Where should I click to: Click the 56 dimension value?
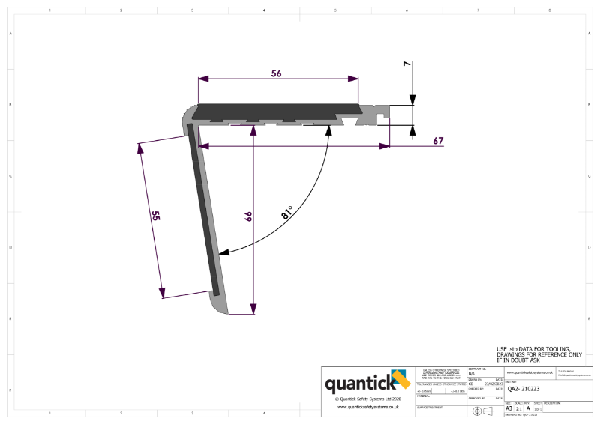276,73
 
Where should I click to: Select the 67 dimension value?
439,141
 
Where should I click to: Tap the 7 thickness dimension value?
406,65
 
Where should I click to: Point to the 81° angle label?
287,211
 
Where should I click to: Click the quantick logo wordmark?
358,384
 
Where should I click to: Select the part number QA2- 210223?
523,389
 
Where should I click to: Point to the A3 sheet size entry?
509,408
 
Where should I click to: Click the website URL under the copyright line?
367,407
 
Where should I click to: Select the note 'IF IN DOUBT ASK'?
520,360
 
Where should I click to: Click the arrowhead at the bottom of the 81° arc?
223,254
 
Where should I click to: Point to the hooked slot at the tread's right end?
382,115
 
